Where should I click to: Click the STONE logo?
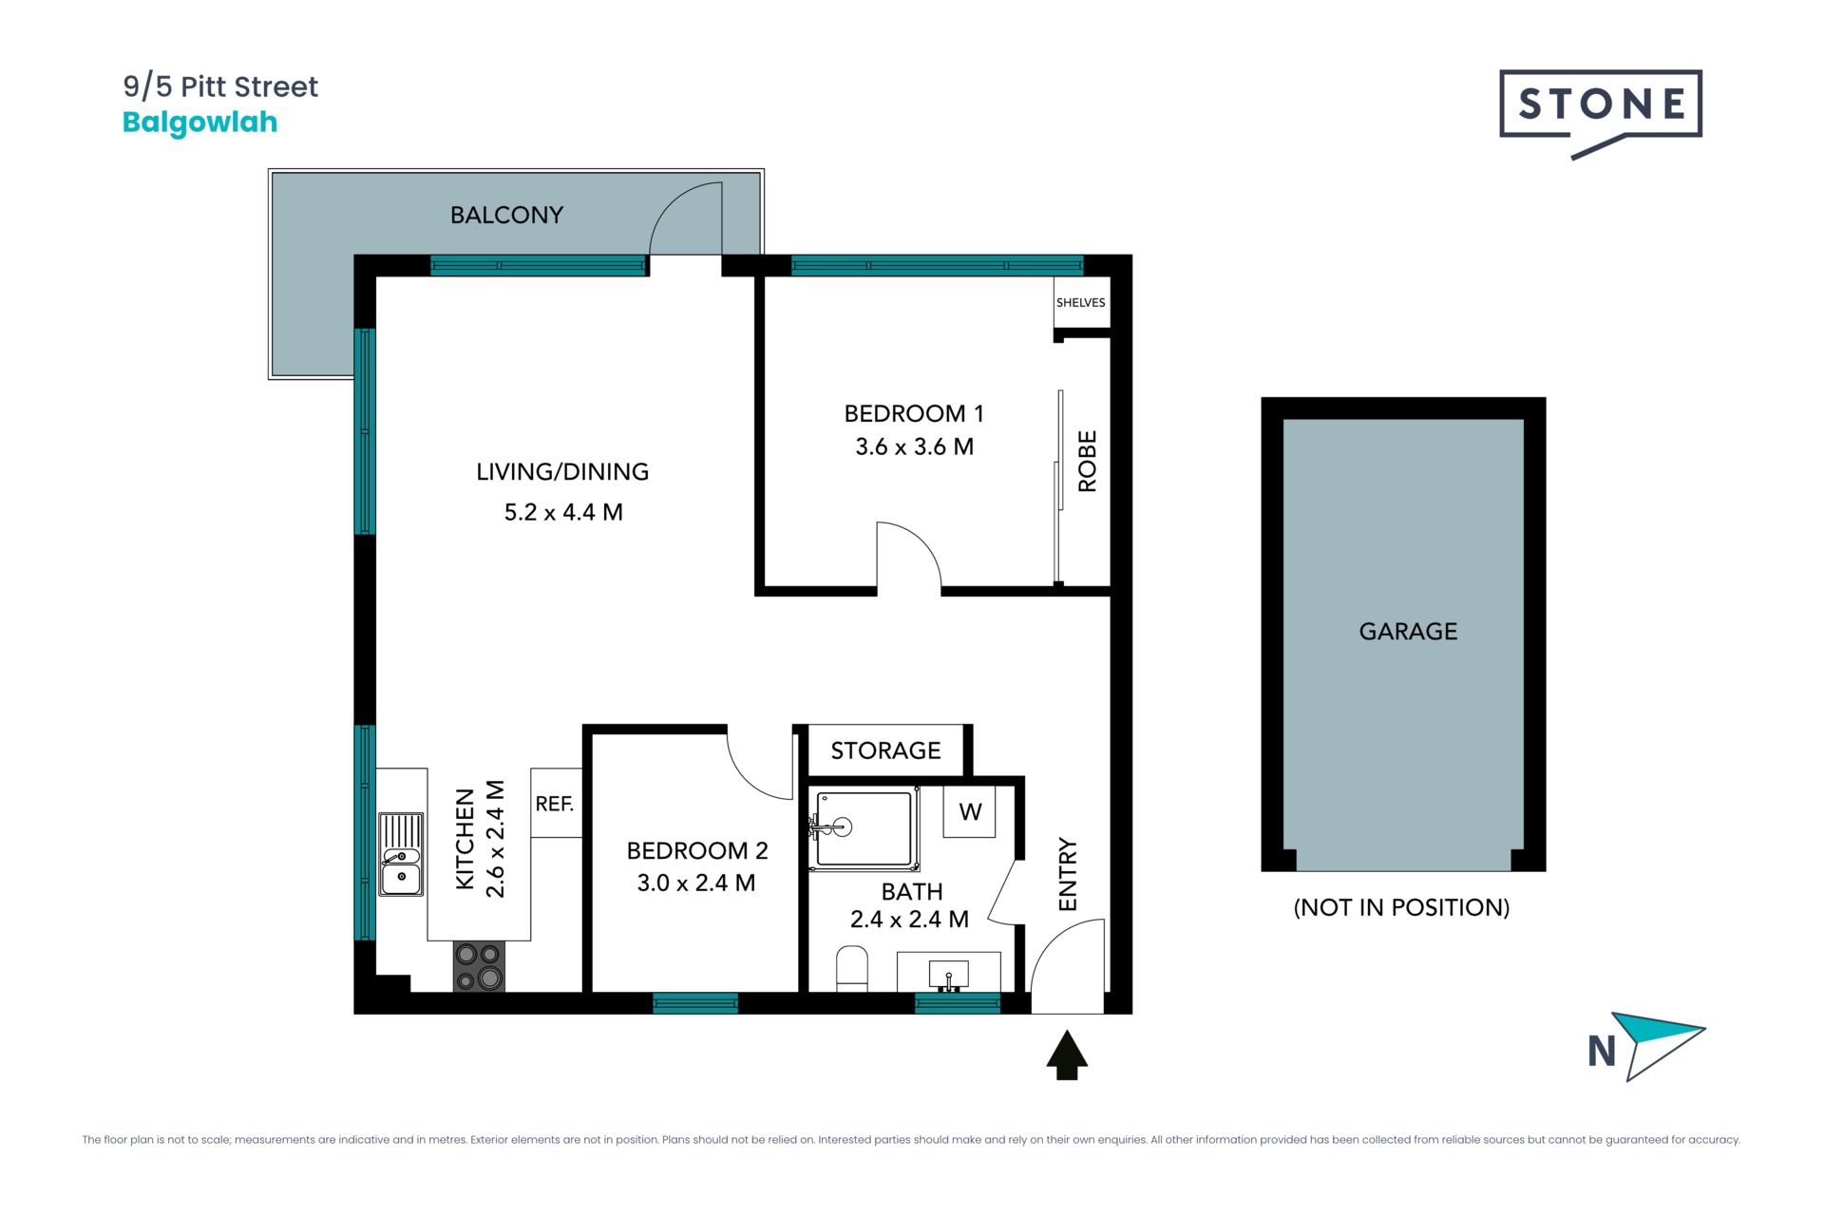click(1601, 113)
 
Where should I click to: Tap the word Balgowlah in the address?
click(199, 123)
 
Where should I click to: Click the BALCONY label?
click(506, 215)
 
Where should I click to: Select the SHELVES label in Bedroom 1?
click(1081, 302)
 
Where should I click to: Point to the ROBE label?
click(1088, 461)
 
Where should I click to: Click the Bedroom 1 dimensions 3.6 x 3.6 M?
click(914, 446)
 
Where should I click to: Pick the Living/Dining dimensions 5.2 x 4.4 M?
click(563, 512)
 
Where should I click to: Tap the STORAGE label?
click(885, 750)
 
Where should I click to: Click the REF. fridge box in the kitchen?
click(556, 803)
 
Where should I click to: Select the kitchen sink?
click(401, 854)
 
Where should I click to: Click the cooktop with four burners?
click(479, 966)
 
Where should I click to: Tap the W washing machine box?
click(969, 811)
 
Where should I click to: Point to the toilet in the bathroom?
click(852, 968)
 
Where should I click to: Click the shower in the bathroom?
click(864, 828)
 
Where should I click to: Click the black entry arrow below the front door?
click(1067, 1055)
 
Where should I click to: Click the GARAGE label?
click(1408, 631)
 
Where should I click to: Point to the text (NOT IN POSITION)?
click(1401, 907)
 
